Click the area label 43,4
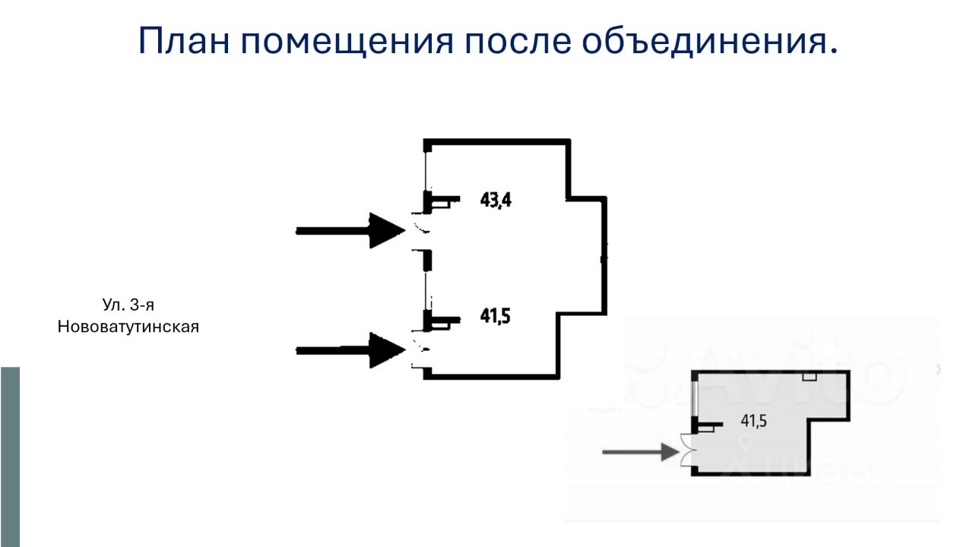pyautogui.click(x=496, y=201)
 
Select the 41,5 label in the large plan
pyautogui.click(x=495, y=315)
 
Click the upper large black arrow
pyautogui.click(x=350, y=229)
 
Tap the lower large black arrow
pyautogui.click(x=350, y=349)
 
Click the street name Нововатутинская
pyautogui.click(x=128, y=327)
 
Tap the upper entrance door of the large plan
pyautogui.click(x=420, y=229)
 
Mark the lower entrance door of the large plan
pyautogui.click(x=420, y=349)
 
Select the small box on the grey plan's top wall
pyautogui.click(x=810, y=376)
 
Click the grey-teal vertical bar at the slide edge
pyautogui.click(x=10, y=456)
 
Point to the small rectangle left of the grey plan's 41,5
pyautogui.click(x=706, y=429)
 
